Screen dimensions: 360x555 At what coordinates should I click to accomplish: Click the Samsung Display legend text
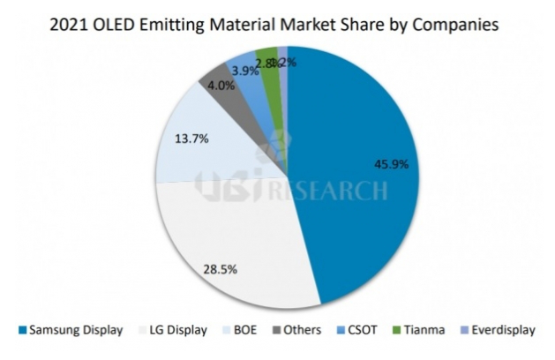click(72, 330)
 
